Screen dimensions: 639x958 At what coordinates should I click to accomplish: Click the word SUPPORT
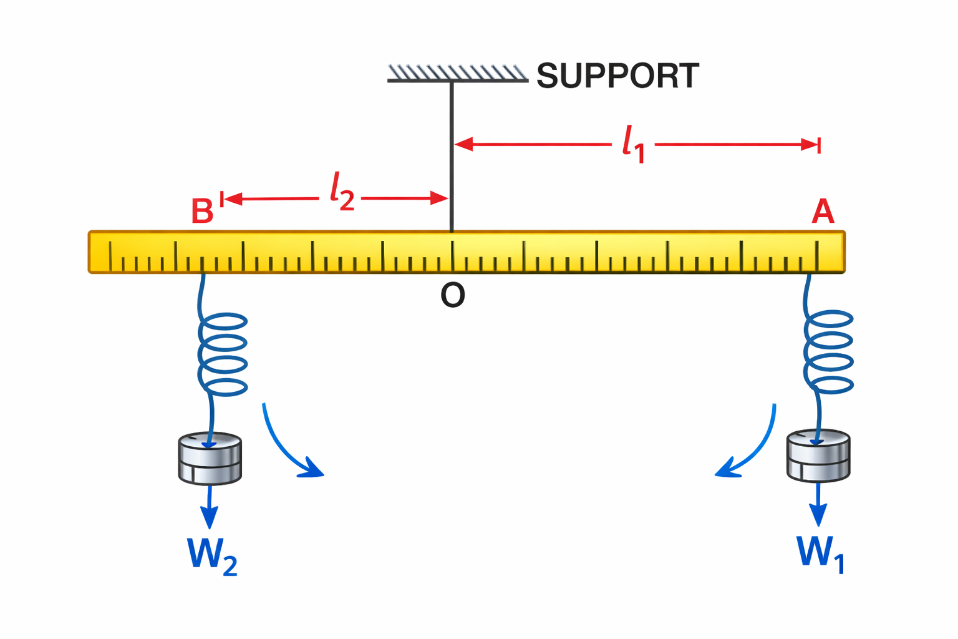(x=617, y=76)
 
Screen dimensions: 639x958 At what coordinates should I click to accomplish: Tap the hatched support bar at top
(x=457, y=74)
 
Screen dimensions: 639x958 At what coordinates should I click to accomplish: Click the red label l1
(x=633, y=144)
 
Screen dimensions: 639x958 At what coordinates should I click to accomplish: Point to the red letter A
(x=823, y=212)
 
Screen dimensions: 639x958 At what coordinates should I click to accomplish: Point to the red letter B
(x=202, y=212)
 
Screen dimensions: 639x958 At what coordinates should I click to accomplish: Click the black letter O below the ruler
(x=452, y=295)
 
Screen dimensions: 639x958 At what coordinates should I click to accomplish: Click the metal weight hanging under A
(x=818, y=456)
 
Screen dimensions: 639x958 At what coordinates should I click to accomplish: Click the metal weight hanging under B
(x=210, y=459)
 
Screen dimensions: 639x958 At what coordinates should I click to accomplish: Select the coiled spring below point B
(x=223, y=354)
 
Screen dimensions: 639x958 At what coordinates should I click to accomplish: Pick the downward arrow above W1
(x=818, y=505)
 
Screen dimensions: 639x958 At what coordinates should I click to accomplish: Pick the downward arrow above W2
(x=210, y=507)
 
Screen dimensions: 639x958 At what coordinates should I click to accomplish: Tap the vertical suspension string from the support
(x=452, y=156)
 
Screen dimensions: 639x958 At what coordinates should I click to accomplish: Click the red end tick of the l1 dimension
(x=819, y=145)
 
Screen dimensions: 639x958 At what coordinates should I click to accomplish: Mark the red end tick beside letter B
(x=222, y=198)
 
